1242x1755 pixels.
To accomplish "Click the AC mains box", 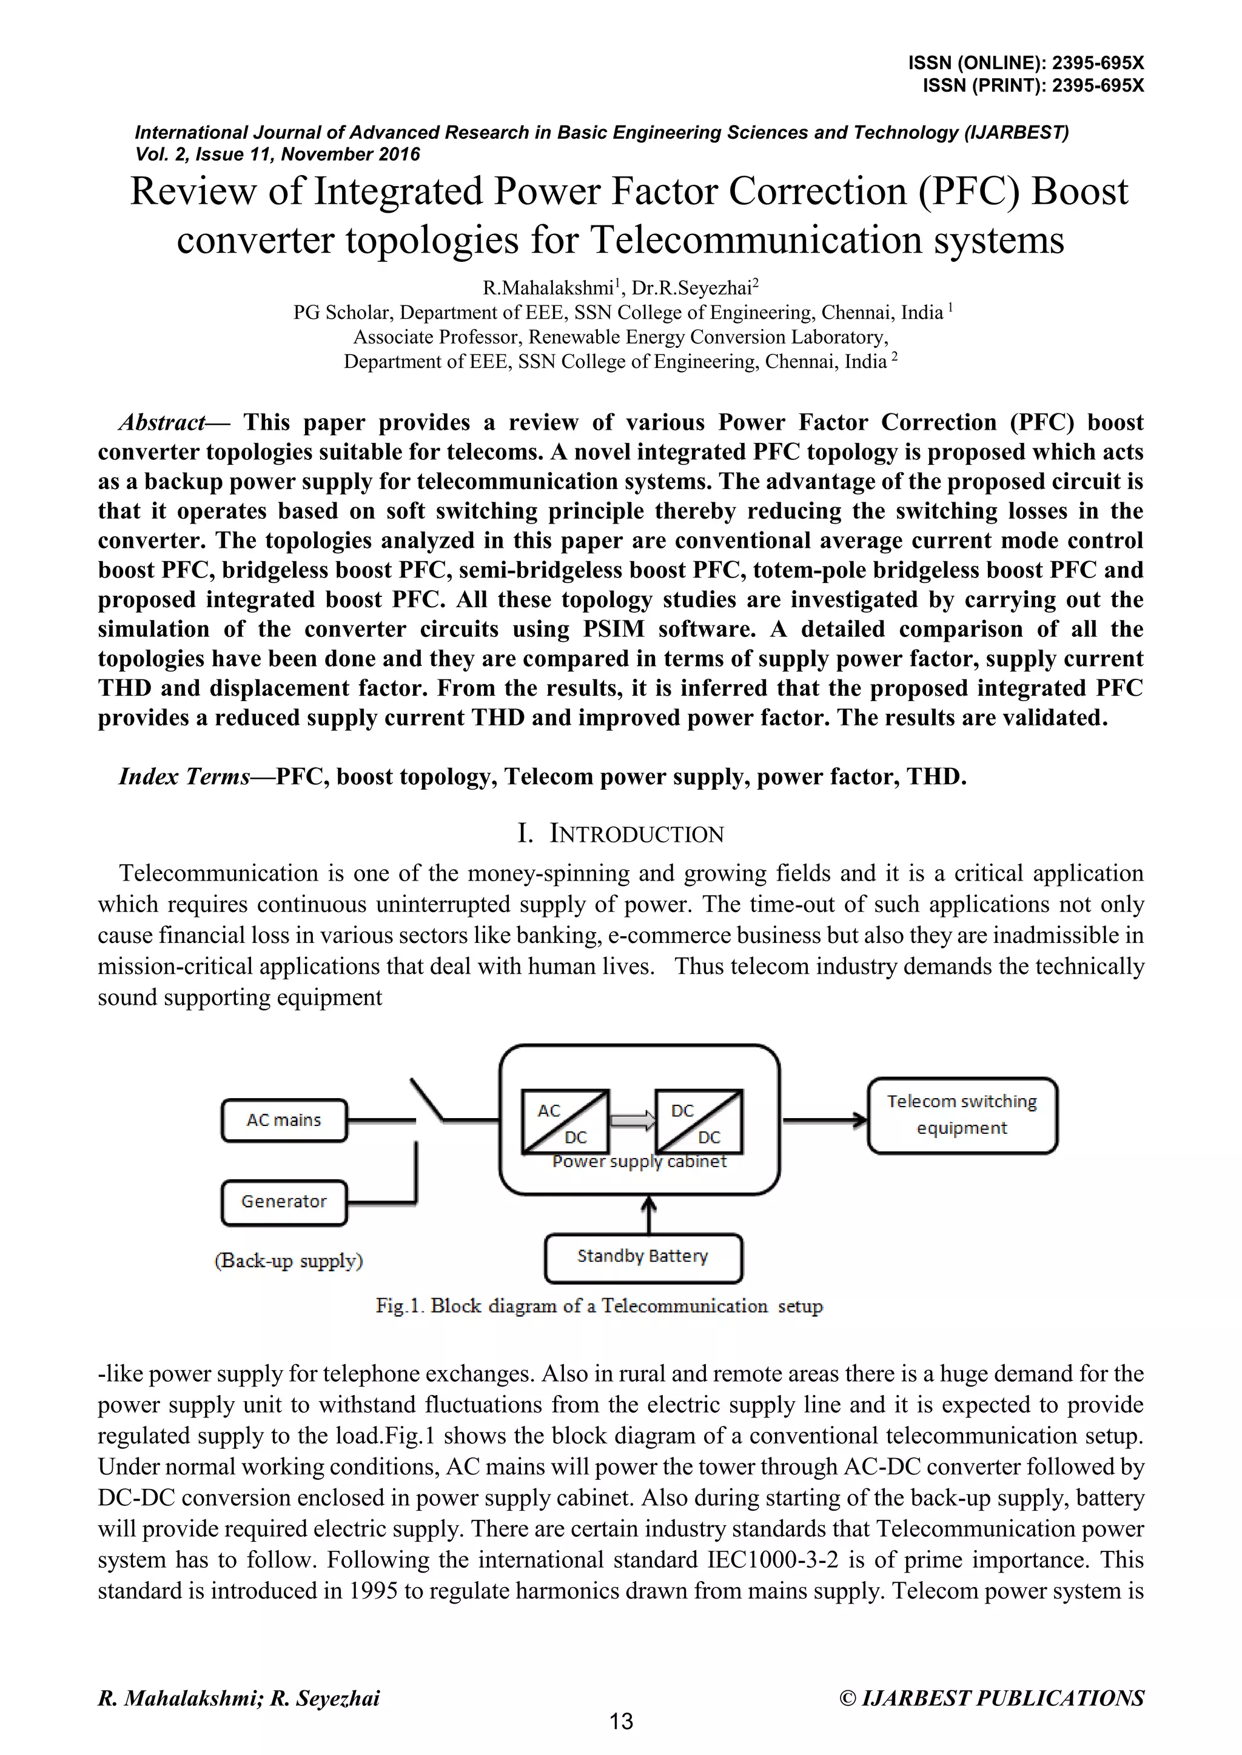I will [284, 1121].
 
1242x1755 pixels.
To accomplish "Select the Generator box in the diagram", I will [284, 1202].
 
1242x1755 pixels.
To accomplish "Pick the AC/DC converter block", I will [565, 1122].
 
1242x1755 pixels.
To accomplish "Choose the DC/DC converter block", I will [699, 1122].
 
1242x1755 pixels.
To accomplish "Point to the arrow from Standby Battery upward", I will [648, 1214].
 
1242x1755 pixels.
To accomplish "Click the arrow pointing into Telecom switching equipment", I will [826, 1121].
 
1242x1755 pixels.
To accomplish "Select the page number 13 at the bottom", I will [621, 1722].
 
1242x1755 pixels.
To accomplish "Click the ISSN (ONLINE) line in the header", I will [1025, 64].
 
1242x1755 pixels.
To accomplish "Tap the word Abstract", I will [162, 423].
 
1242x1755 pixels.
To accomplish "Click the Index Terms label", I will [184, 777].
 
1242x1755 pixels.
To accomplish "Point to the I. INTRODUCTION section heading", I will [620, 834].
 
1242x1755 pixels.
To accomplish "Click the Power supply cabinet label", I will [639, 1162].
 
